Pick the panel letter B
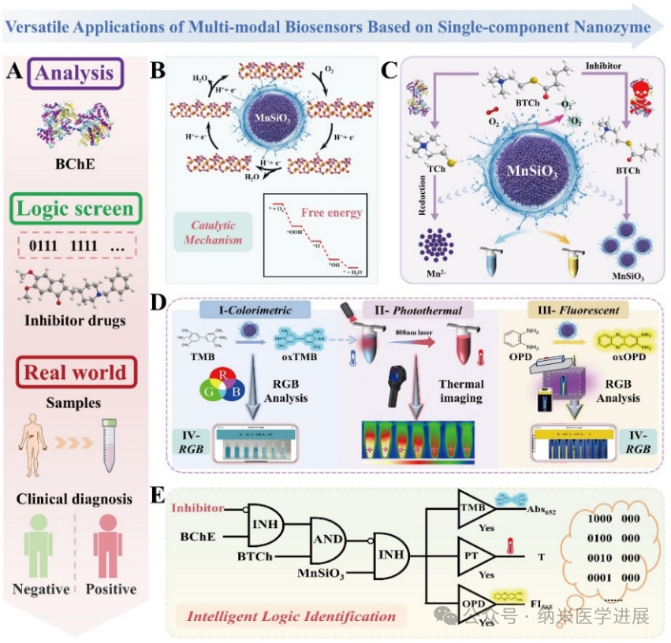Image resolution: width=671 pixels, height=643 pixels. [158, 71]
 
